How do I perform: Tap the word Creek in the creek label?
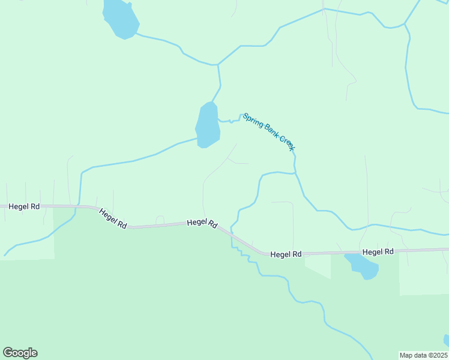tap(289, 143)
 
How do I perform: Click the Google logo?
tap(20, 353)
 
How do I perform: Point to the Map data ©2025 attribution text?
tap(424, 355)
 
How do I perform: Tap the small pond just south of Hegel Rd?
tap(363, 266)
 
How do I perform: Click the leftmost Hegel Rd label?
tap(24, 206)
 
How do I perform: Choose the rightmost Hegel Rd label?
tap(378, 252)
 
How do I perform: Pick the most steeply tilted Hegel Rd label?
tap(113, 218)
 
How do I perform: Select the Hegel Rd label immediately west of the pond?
tap(286, 254)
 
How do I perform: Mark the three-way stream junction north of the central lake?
tap(218, 65)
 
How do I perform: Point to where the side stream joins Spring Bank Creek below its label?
tap(295, 173)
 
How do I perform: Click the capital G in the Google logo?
tap(8, 353)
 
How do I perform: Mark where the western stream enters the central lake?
tap(197, 139)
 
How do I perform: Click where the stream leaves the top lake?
tap(137, 34)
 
